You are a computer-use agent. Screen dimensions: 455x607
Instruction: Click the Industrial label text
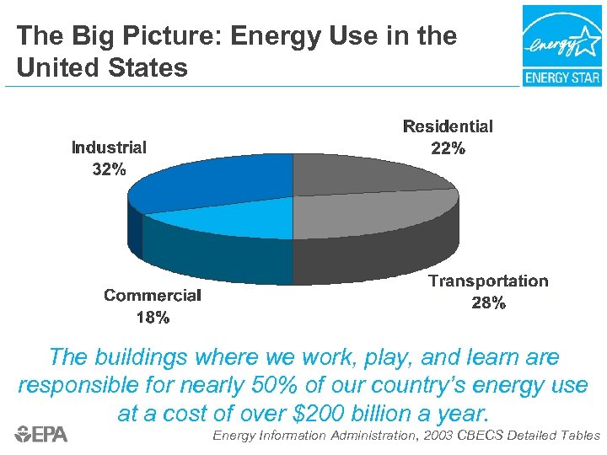(109, 147)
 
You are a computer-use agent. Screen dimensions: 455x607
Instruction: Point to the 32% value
(109, 169)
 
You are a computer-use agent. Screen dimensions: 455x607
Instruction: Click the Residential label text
(448, 126)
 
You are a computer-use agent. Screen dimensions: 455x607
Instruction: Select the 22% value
(448, 148)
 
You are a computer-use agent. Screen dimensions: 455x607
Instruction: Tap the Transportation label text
(488, 281)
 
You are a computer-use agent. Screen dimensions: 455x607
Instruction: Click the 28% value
(489, 303)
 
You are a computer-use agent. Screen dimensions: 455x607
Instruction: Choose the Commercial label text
(153, 296)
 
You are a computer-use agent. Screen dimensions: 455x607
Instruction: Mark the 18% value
(153, 318)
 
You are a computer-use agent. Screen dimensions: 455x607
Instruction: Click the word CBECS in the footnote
(487, 436)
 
